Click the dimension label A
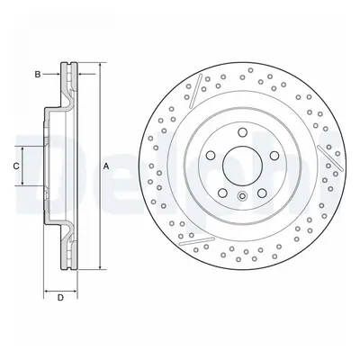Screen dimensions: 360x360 coord(105,166)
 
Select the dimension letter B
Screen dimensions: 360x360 coord(38,74)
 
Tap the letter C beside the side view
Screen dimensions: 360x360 coord(16,166)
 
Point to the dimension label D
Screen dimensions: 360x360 coord(60,298)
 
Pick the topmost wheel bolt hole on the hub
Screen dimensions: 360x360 coord(243,132)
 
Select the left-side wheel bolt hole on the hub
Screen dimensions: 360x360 coord(211,156)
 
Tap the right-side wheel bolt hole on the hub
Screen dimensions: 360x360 coord(274,156)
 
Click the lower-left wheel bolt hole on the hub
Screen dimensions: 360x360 coord(223,193)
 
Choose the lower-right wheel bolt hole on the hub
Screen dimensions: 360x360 coord(262,193)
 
